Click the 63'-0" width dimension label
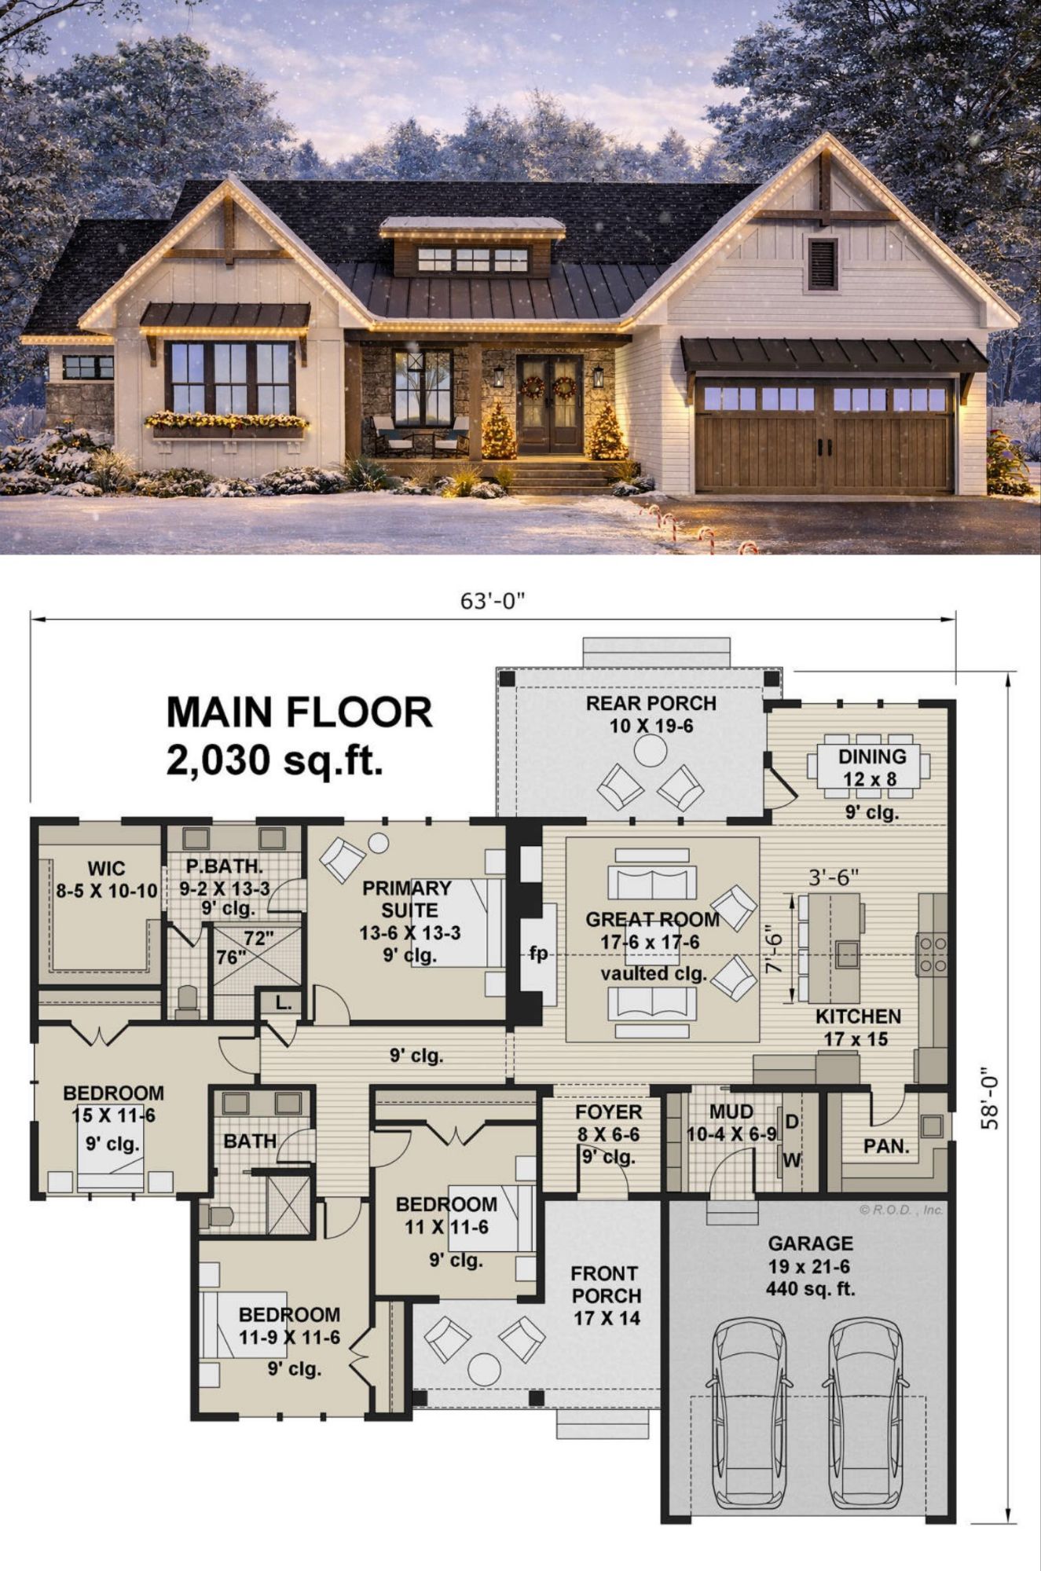click(492, 601)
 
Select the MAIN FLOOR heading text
click(299, 712)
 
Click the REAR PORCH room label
click(651, 703)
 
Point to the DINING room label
click(872, 756)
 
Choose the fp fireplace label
click(538, 954)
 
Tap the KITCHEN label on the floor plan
click(858, 1016)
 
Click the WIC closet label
click(106, 869)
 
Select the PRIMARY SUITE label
click(407, 899)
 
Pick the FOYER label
click(609, 1112)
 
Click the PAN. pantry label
click(886, 1147)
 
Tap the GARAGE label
click(810, 1243)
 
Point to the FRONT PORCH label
click(606, 1284)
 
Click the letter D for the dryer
click(792, 1122)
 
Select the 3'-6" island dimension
click(834, 877)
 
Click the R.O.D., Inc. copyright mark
click(901, 1210)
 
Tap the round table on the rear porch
click(651, 751)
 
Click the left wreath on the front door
click(533, 386)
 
